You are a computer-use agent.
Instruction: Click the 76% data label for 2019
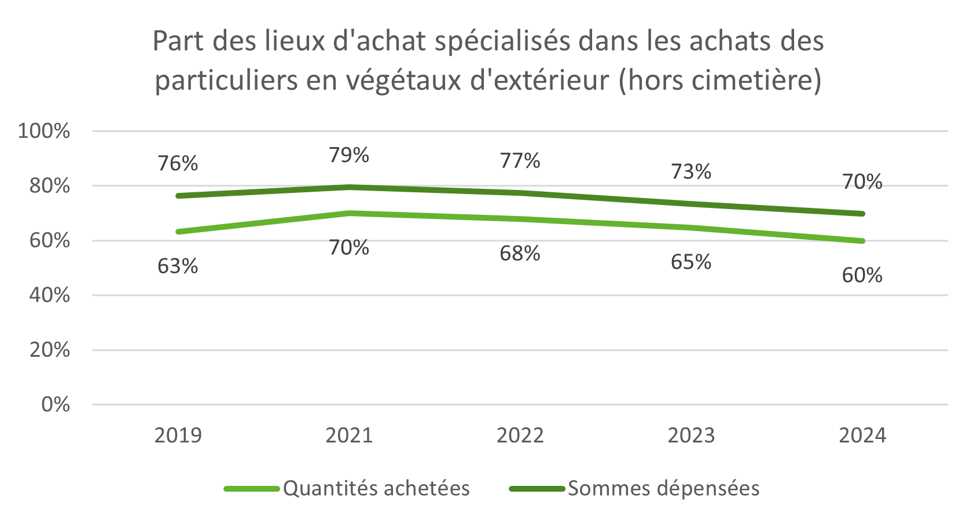click(x=178, y=164)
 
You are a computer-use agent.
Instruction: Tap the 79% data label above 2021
click(x=348, y=155)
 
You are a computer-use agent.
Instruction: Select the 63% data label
click(x=178, y=266)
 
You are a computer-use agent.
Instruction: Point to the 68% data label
click(x=520, y=254)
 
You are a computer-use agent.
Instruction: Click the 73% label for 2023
click(x=690, y=172)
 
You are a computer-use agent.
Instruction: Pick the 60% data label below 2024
click(x=862, y=275)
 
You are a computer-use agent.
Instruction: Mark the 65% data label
click(x=690, y=262)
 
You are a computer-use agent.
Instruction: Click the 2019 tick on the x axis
click(x=178, y=435)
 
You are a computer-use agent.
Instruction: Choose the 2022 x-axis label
click(x=520, y=435)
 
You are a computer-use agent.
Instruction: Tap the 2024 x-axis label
click(x=862, y=435)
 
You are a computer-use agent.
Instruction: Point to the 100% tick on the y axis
click(x=44, y=131)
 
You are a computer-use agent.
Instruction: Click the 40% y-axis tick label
click(x=50, y=295)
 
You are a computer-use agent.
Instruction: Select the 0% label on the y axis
click(x=56, y=405)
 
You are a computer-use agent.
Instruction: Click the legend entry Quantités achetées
click(x=376, y=489)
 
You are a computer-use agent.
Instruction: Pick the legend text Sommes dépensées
click(x=663, y=489)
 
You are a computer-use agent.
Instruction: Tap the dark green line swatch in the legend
click(x=537, y=489)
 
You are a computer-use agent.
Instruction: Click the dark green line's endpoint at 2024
click(x=862, y=214)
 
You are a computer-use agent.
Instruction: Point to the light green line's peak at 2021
click(x=348, y=213)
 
